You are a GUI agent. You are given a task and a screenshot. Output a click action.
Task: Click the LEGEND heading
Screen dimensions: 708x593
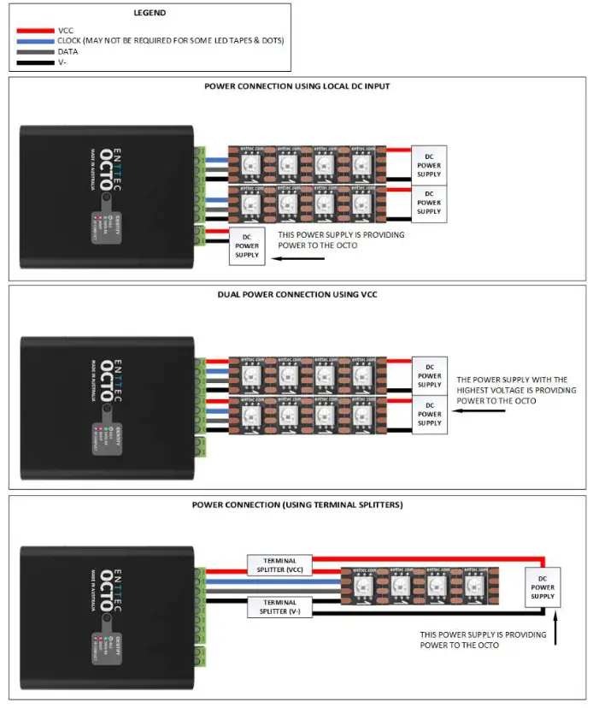click(x=150, y=13)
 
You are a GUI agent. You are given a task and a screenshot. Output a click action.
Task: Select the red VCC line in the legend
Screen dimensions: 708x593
click(x=33, y=30)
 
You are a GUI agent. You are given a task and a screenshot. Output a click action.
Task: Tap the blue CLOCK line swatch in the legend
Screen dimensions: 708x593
click(x=33, y=40)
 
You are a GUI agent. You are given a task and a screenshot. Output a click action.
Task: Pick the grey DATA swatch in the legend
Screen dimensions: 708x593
click(x=33, y=51)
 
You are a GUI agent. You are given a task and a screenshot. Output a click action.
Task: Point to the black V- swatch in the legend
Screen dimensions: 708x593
click(x=33, y=62)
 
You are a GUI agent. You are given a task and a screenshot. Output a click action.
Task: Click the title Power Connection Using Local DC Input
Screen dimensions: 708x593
click(x=297, y=86)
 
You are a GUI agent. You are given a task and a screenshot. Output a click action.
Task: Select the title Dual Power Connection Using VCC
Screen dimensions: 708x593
click(x=297, y=295)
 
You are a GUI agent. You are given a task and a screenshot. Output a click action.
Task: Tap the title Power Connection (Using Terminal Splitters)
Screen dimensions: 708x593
click(x=297, y=504)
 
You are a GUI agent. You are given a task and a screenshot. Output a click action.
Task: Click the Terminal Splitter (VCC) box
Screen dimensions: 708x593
click(x=280, y=565)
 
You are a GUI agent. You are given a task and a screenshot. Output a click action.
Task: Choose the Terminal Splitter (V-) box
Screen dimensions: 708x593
click(x=280, y=607)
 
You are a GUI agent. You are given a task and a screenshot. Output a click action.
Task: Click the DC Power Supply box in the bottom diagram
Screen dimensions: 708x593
click(x=543, y=587)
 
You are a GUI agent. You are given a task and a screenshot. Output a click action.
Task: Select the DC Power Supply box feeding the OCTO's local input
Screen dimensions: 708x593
click(x=247, y=245)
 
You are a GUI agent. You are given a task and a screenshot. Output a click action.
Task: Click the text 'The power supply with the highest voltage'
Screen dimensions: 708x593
click(x=510, y=380)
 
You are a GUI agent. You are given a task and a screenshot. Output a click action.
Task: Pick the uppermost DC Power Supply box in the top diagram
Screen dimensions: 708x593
click(x=429, y=163)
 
